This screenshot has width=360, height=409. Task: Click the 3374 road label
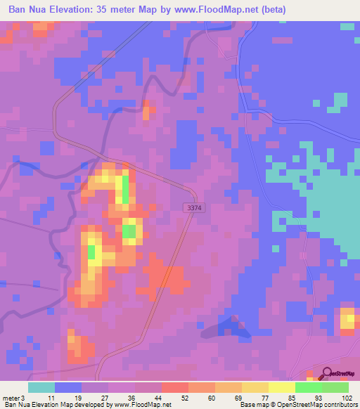(195, 208)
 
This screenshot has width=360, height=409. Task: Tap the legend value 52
(166, 397)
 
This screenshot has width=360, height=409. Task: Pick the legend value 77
(245, 397)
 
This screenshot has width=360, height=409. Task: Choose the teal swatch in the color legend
(41, 387)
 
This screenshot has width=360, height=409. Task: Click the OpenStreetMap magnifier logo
(326, 374)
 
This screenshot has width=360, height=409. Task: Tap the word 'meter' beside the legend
(11, 397)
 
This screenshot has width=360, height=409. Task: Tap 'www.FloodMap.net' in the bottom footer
(138, 405)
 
